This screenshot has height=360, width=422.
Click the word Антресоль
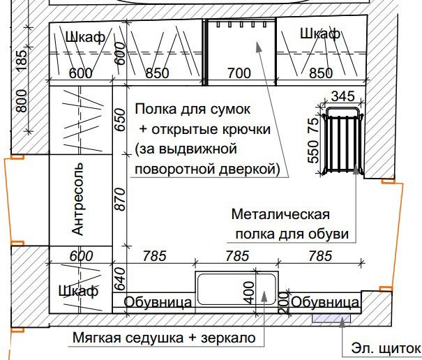[78, 199]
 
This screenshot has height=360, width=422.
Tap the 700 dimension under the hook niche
[239, 73]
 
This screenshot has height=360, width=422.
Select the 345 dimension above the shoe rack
[342, 96]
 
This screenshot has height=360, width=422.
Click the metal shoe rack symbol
[342, 140]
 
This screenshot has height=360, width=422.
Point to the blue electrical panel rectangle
[331, 318]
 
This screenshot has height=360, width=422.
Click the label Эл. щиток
[386, 348]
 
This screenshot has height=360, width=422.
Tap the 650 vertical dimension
[121, 120]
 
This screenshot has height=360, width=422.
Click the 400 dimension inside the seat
[249, 293]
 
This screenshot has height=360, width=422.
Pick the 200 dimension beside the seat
[283, 303]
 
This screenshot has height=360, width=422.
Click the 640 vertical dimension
[120, 279]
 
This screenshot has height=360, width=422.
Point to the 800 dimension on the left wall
[22, 101]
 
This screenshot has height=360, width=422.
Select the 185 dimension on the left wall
[22, 61]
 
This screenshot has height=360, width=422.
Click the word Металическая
[280, 215]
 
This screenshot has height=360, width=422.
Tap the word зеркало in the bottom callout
[228, 338]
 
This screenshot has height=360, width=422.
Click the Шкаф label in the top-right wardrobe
[320, 34]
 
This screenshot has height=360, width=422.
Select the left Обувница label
[158, 302]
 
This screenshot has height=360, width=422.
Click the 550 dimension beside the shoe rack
[313, 151]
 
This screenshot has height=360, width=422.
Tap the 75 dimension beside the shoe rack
[313, 126]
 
